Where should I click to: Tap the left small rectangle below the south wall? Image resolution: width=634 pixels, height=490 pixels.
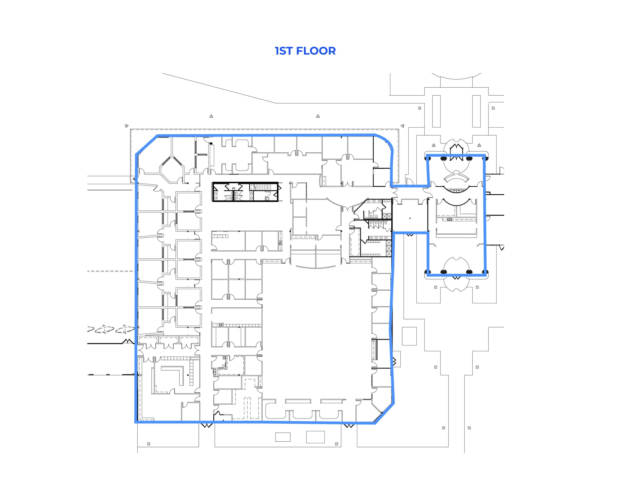[x=283, y=437]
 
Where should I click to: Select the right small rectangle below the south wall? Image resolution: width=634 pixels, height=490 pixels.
[x=315, y=437]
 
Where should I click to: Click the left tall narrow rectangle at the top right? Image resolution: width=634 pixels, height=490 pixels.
[x=436, y=111]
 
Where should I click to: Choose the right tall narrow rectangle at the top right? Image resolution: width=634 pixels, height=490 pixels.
[x=476, y=111]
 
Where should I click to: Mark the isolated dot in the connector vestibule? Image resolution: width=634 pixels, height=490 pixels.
[x=410, y=218]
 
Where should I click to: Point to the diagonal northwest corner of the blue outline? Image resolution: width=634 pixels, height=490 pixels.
[x=146, y=145]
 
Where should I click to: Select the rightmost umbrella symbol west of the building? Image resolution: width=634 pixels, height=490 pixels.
[x=125, y=329]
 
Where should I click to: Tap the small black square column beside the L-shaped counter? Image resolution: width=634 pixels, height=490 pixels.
[x=188, y=375]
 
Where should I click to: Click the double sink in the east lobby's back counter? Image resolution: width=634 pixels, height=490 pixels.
[x=449, y=219]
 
